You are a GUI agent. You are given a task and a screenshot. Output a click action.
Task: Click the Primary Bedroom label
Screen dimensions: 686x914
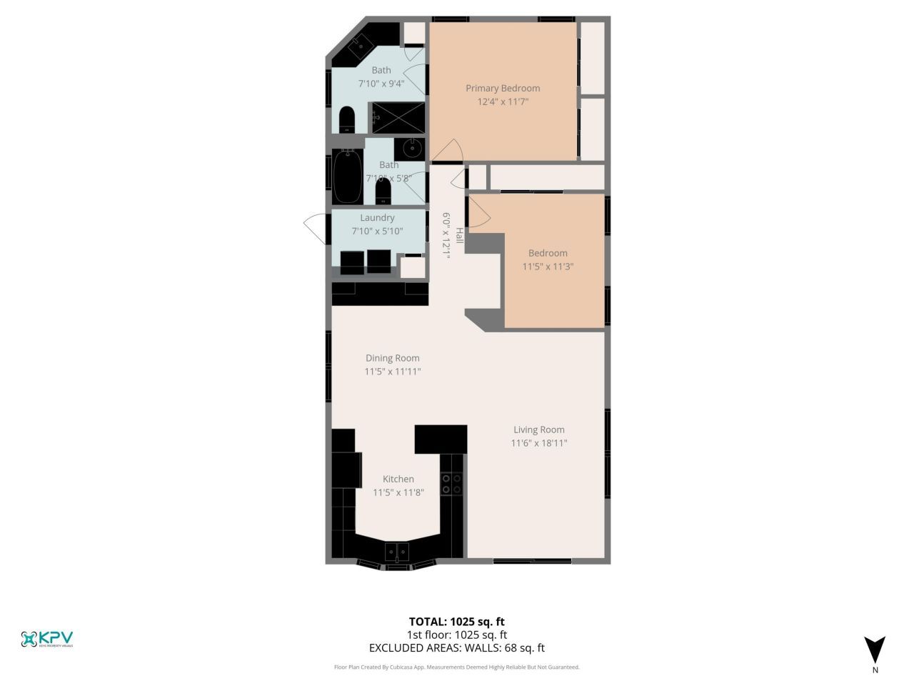503,88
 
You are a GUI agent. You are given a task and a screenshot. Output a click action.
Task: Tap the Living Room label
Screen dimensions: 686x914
538,429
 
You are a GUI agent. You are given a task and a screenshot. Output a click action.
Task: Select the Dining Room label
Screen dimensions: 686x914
392,358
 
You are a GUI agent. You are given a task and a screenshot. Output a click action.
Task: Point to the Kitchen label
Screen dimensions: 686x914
398,479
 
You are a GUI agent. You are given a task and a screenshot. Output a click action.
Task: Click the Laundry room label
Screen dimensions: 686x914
377,217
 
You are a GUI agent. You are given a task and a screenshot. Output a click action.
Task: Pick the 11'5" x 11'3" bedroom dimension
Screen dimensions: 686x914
548,267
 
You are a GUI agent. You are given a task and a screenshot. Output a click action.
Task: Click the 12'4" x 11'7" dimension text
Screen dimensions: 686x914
503,102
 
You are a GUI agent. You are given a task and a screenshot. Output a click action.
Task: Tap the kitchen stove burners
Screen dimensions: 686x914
451,484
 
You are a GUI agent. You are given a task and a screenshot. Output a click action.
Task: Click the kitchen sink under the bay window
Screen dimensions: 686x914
397,552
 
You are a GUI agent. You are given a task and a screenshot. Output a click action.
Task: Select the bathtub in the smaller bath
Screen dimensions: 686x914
348,176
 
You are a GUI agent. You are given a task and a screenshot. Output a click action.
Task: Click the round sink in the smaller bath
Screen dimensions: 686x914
412,149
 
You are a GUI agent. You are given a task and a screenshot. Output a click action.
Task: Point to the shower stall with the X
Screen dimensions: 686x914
397,117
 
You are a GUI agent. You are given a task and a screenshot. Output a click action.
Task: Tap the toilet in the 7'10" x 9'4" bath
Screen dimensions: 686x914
347,120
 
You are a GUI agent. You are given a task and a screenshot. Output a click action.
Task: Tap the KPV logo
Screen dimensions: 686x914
47,638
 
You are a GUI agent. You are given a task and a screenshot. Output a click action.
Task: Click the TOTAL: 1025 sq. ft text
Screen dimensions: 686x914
456,621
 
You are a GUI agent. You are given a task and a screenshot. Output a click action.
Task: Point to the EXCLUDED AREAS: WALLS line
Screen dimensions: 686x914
456,648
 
